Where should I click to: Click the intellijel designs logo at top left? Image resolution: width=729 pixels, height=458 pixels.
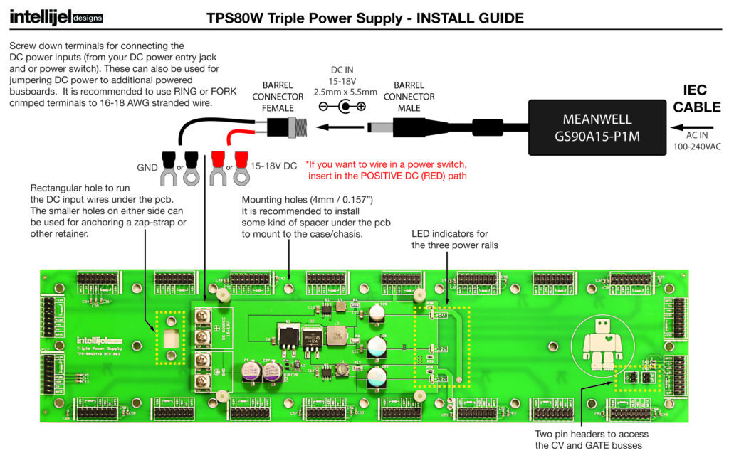(56, 16)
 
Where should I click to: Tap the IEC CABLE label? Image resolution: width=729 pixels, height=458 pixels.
(702, 99)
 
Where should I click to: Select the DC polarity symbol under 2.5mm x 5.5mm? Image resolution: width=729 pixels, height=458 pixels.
(342, 107)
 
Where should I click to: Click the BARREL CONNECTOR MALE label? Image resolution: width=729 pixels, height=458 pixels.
(409, 97)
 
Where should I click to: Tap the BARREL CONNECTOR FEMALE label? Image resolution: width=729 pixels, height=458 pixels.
(278, 97)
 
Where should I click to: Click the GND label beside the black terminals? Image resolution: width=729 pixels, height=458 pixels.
(147, 169)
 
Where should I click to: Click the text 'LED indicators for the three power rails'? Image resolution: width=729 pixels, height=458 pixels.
(453, 240)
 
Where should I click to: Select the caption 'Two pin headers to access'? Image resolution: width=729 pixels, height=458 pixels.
(591, 434)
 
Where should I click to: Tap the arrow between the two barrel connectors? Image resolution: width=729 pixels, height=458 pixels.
(335, 128)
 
